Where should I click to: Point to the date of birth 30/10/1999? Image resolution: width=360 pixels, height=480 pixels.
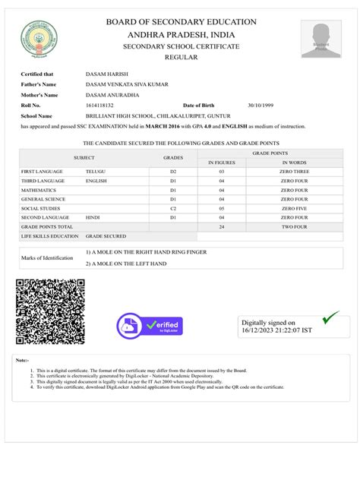point(261,105)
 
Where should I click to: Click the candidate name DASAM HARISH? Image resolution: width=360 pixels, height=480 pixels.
point(107,74)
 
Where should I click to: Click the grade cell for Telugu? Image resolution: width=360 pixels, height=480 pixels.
point(173,172)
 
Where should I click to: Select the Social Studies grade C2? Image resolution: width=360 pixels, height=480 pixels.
point(173,208)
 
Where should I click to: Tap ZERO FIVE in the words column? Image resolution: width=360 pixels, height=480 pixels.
point(295,208)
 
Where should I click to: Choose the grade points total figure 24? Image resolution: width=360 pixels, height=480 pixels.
point(222,226)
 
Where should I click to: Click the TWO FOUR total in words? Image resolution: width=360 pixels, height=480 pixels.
point(295,226)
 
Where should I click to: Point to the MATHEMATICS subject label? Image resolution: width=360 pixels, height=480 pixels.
point(39,190)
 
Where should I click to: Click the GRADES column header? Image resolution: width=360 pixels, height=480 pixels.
point(173,157)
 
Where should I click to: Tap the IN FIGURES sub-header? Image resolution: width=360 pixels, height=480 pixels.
point(222,163)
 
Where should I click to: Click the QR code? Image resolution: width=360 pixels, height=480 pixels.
point(50,312)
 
